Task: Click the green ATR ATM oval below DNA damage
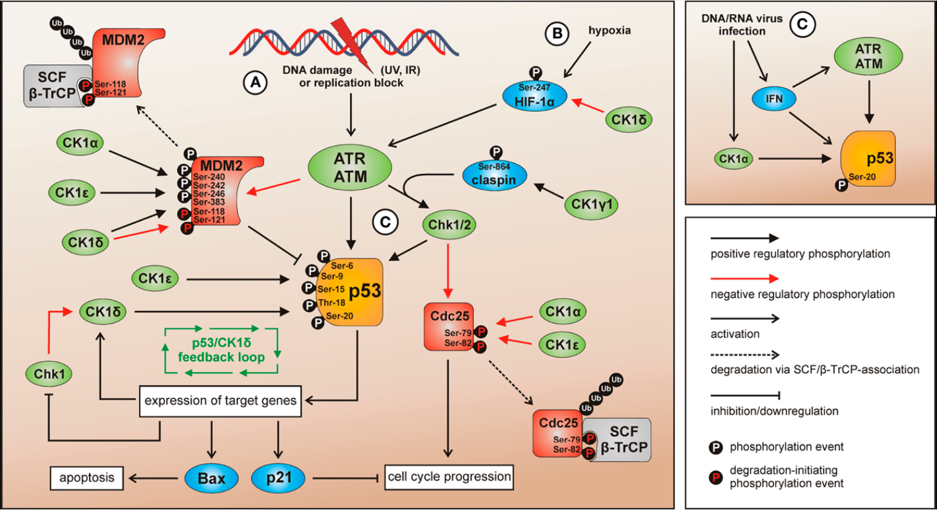[x=350, y=168]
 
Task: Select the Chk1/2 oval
[x=449, y=225]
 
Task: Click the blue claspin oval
[x=494, y=175]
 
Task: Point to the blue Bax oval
[x=211, y=479]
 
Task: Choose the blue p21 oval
[x=278, y=478]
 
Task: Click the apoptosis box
[x=86, y=478]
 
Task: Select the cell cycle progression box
[x=449, y=477]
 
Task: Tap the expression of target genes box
[x=220, y=401]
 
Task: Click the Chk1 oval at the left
[x=49, y=374]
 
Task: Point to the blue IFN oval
[x=773, y=99]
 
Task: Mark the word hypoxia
[x=609, y=31]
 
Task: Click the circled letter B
[x=557, y=33]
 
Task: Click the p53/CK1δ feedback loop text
[x=221, y=350]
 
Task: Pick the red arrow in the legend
[x=744, y=278]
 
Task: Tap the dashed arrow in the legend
[x=744, y=355]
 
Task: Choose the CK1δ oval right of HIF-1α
[x=628, y=120]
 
